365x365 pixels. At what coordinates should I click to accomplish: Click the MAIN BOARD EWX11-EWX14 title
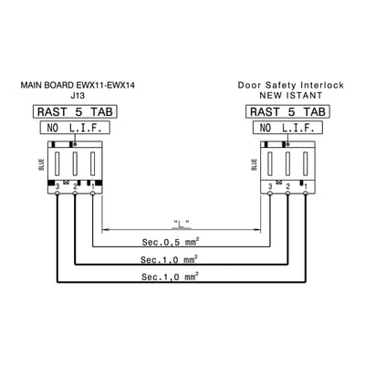coord(78,85)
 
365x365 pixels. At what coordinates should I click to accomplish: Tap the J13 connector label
coord(78,96)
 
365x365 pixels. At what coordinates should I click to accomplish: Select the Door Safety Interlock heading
coord(291,85)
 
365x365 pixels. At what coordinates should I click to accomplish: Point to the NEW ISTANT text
coord(290,95)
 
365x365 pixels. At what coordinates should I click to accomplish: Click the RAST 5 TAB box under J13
coord(75,111)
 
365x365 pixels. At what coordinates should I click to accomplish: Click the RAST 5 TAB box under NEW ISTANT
coord(287,111)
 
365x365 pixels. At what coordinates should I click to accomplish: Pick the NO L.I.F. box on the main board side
coord(75,128)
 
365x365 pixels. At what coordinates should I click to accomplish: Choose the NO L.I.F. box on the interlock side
coord(287,128)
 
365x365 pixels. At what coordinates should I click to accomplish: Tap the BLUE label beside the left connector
coord(42,164)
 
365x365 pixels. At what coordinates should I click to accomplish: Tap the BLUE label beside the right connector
coord(255,164)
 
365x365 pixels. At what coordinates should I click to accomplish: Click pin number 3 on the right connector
coord(270,187)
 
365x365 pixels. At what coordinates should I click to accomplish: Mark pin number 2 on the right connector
coord(287,187)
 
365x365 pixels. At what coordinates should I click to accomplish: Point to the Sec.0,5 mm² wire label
coord(171,242)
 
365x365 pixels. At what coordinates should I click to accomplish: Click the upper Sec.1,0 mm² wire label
coord(170,259)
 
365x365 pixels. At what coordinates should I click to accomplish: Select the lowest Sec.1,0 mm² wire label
coord(171,276)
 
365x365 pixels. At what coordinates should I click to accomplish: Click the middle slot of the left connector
coord(75,163)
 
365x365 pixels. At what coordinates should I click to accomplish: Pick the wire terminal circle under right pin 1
coord(306,193)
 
